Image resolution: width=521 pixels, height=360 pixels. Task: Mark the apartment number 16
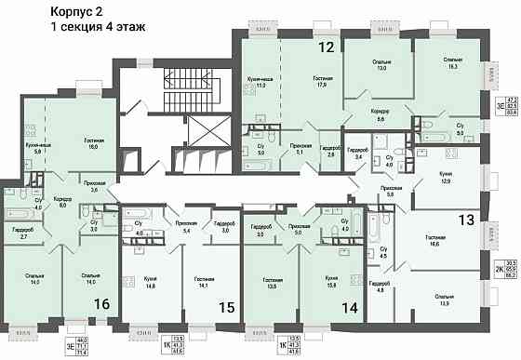pos(101,304)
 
